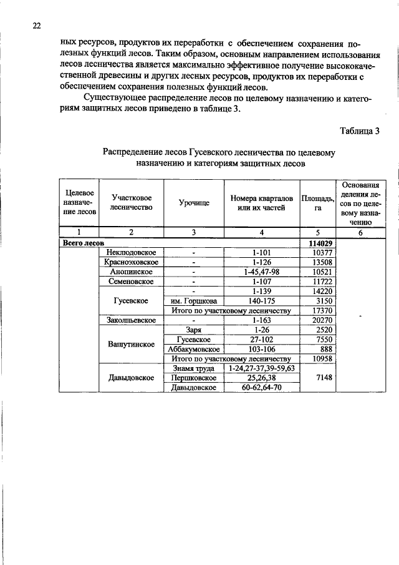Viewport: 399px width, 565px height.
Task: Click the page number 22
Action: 36,26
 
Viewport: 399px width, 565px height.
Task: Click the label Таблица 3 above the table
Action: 359,130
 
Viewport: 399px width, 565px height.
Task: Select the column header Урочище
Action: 193,203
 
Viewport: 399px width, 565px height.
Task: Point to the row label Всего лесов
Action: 82,242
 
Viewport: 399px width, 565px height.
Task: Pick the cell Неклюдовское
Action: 131,252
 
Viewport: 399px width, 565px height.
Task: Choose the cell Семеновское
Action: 131,282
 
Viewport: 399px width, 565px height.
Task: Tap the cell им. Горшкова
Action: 193,301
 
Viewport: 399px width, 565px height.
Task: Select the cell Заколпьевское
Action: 131,320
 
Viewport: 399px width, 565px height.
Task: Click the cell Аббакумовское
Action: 193,349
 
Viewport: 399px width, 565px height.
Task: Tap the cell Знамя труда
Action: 193,368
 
